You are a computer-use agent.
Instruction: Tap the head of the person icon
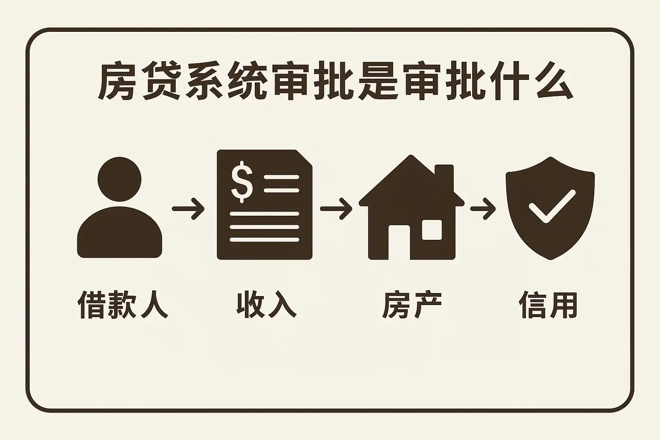pos(119,179)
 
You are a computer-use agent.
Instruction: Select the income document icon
pos(264,205)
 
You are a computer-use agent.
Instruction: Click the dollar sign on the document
pos(242,181)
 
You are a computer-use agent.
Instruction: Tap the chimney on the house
pos(444,176)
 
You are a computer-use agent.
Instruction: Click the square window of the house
pos(431,229)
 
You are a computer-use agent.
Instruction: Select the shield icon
pos(550,208)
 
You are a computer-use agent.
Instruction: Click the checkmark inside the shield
pos(552,206)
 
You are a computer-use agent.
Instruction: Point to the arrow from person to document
pos(188,209)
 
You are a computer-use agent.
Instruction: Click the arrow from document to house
pos(336,209)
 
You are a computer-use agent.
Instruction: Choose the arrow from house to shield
pos(483,209)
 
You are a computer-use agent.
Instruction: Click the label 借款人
pos(122,305)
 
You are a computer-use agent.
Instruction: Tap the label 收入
pos(266,305)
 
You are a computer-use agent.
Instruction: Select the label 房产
pos(412,305)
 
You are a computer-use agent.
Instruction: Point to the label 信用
pos(548,305)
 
